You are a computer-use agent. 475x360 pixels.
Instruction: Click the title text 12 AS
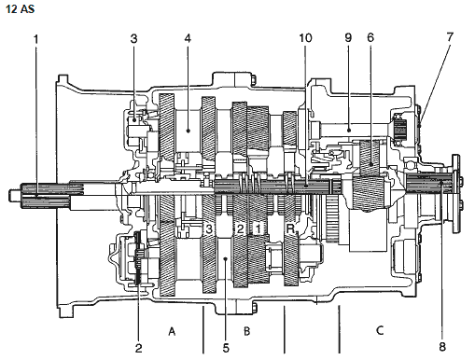[x=20, y=8]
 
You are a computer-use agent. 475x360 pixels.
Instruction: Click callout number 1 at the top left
[x=36, y=39]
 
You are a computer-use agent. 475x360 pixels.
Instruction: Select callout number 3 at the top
[x=133, y=39]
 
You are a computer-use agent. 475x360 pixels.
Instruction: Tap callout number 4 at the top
[x=188, y=38]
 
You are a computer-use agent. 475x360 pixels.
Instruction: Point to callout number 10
[x=305, y=38]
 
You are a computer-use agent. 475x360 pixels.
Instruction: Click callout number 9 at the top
[x=348, y=37]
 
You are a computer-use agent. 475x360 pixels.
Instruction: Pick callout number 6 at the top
[x=370, y=37]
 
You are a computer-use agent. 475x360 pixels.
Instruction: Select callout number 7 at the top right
[x=450, y=37]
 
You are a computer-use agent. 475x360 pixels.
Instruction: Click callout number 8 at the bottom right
[x=442, y=346]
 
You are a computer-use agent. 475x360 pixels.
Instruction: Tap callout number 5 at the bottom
[x=226, y=348]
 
